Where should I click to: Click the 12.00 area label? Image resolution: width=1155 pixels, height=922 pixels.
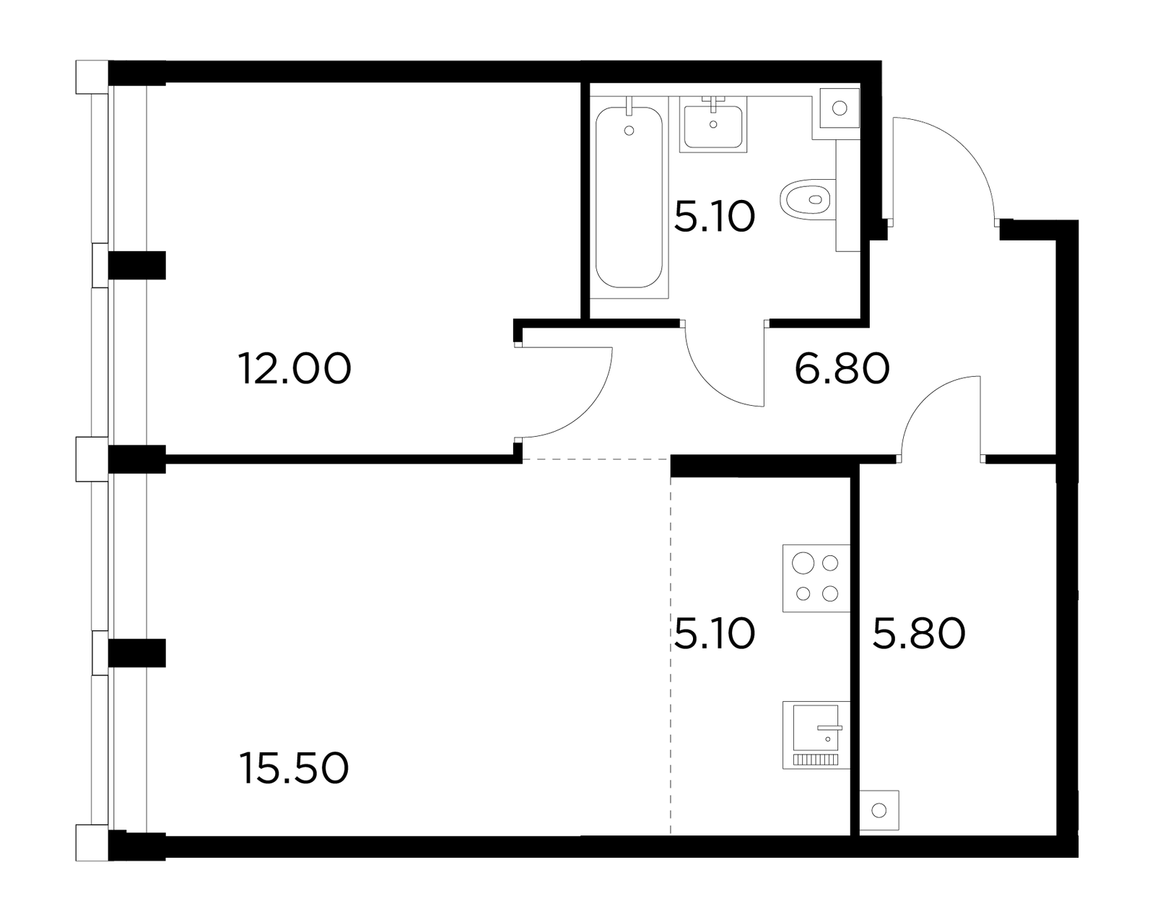tap(294, 368)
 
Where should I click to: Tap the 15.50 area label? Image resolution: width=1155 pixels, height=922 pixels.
tap(294, 768)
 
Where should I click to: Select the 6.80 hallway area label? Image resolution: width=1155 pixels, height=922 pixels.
tap(842, 368)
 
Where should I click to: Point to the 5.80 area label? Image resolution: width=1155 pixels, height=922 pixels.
tap(919, 634)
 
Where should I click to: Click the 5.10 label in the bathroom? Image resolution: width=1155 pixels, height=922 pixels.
tap(715, 217)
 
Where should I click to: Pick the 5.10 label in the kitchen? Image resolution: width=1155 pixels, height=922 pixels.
tap(715, 634)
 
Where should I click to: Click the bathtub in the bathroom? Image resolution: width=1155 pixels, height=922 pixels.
tap(629, 198)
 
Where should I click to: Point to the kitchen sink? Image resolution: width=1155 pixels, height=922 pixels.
tap(816, 735)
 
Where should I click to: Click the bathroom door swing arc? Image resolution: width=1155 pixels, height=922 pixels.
tap(708, 384)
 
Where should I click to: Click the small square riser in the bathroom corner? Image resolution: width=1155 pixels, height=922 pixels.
tap(840, 108)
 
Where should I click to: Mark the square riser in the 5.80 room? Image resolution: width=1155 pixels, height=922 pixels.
tap(879, 810)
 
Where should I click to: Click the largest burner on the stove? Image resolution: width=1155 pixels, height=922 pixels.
tap(803, 563)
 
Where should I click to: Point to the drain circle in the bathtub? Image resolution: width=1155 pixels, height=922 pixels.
tap(629, 131)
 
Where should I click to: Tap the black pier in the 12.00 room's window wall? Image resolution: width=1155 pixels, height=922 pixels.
tap(137, 265)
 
